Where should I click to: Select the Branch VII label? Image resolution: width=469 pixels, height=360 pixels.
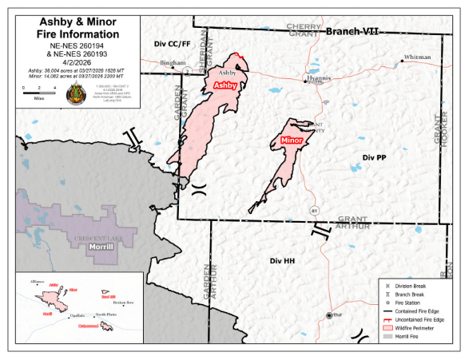351,31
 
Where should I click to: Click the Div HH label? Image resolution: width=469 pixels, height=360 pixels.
283,261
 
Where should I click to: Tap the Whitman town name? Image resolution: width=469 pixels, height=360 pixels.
417,57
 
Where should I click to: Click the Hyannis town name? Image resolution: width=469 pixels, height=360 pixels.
318,81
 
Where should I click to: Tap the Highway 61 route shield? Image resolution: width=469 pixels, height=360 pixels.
315,210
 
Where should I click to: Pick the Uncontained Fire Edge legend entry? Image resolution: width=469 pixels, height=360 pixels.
419,318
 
